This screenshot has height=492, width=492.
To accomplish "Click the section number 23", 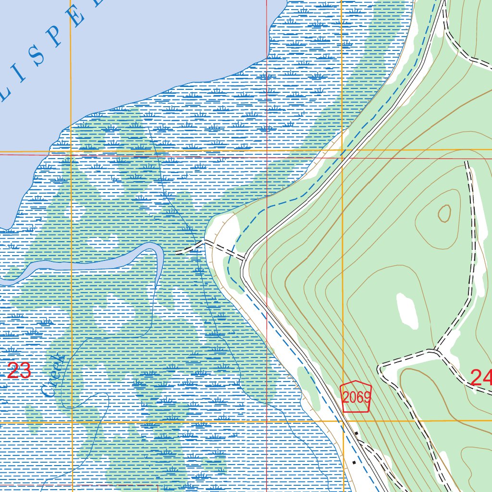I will pyautogui.click(x=19, y=371).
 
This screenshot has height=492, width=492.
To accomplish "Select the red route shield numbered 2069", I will pyautogui.click(x=356, y=397).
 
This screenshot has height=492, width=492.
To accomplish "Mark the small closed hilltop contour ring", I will pyautogui.click(x=444, y=213).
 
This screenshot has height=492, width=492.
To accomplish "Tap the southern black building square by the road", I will pyautogui.click(x=354, y=462).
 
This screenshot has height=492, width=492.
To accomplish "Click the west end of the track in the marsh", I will pyautogui.click(x=177, y=252).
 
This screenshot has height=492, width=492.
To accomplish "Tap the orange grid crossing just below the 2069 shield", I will pyautogui.click(x=343, y=421).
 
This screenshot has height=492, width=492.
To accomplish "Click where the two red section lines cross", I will pyautogui.click(x=267, y=156).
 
